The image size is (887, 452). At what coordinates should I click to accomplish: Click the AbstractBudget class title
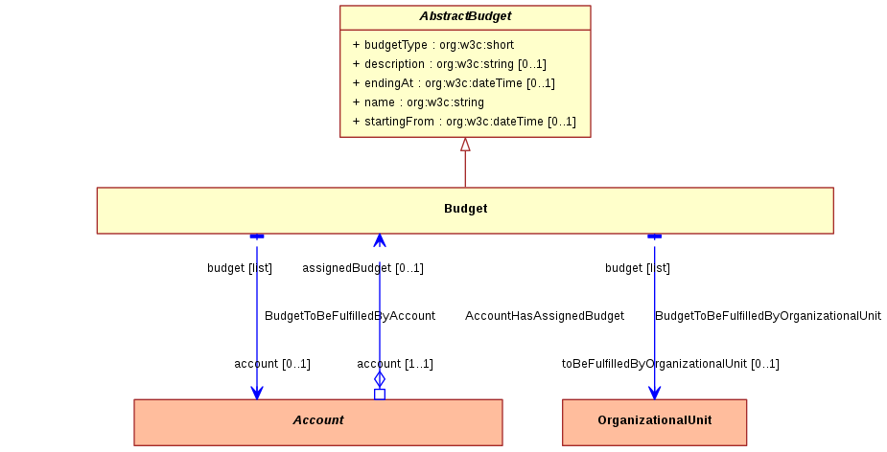tap(465, 16)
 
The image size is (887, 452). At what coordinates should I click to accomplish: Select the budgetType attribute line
tap(433, 45)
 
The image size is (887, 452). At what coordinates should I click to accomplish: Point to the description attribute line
tap(449, 64)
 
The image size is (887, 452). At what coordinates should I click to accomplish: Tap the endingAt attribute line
tap(454, 83)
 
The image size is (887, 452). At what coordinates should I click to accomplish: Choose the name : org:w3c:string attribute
tap(418, 102)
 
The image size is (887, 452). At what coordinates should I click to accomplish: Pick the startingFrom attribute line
tap(464, 122)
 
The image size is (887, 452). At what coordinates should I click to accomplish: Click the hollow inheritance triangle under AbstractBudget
tap(465, 145)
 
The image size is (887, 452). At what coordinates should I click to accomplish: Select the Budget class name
tap(466, 209)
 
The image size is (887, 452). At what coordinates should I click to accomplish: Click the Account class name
tap(318, 420)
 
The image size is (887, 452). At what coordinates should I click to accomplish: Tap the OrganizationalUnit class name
tap(655, 420)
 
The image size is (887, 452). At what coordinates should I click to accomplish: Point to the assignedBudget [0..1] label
tap(362, 268)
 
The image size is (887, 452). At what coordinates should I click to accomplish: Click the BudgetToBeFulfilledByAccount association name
tap(350, 316)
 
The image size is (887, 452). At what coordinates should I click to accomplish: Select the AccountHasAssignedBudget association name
tap(545, 316)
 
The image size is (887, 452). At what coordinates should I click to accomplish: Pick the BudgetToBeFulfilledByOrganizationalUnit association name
tap(768, 316)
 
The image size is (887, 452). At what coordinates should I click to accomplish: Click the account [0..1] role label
tap(272, 364)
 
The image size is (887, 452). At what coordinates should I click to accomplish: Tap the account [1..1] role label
tap(395, 364)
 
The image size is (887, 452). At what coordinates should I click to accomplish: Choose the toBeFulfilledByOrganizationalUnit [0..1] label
tap(670, 364)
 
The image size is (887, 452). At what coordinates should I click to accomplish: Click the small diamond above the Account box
tap(380, 379)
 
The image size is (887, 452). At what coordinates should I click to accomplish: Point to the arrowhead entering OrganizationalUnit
tap(655, 393)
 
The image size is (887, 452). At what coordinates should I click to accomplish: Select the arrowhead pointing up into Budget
tap(380, 240)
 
